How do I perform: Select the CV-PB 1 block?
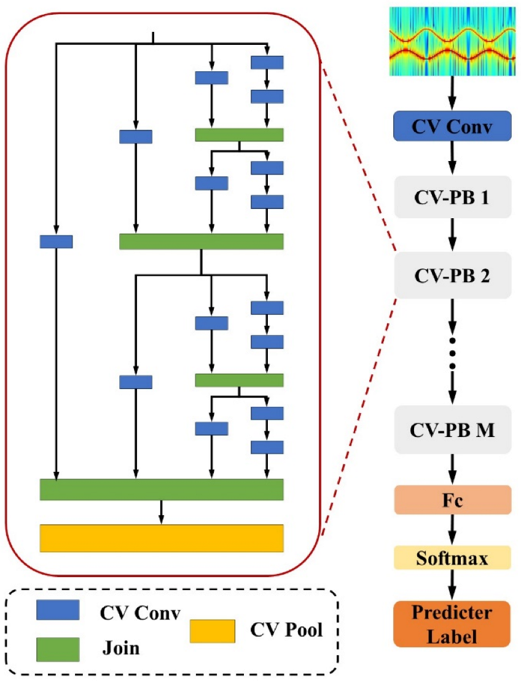point(452,200)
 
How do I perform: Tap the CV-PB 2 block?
point(452,275)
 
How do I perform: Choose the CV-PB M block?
point(452,428)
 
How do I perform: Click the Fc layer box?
point(452,499)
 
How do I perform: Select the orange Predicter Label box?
point(452,623)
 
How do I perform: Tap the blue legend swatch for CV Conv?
point(58,609)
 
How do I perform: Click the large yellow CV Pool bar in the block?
point(161,538)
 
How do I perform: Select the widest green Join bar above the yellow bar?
point(161,489)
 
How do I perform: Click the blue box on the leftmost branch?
point(56,242)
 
